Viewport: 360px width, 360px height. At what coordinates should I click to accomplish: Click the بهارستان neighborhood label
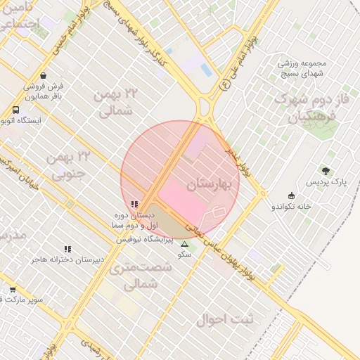tap(209, 185)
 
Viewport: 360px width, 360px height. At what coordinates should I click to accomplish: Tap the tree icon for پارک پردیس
tap(326, 170)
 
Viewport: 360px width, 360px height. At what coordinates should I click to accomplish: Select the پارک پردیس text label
tap(326, 182)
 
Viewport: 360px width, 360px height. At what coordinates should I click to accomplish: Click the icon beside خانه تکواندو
tap(291, 196)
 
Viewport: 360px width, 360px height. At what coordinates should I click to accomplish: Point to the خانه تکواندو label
tap(291, 207)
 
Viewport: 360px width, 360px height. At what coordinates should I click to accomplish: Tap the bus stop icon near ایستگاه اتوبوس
tap(15, 110)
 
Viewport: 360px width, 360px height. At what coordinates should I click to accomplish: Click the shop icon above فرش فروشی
tap(44, 75)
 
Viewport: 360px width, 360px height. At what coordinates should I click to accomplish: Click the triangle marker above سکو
tap(185, 245)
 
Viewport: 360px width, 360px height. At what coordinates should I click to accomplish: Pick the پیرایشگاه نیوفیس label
tap(149, 239)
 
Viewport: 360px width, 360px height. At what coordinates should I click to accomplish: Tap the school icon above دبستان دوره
tap(135, 204)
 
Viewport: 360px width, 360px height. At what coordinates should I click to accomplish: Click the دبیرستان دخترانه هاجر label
tap(67, 259)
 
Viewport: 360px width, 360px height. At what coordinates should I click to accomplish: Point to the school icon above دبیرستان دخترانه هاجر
tap(67, 249)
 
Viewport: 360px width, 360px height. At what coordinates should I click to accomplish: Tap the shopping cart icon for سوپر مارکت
tap(13, 289)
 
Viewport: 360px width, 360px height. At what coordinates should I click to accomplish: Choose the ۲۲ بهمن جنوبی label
tap(67, 164)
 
